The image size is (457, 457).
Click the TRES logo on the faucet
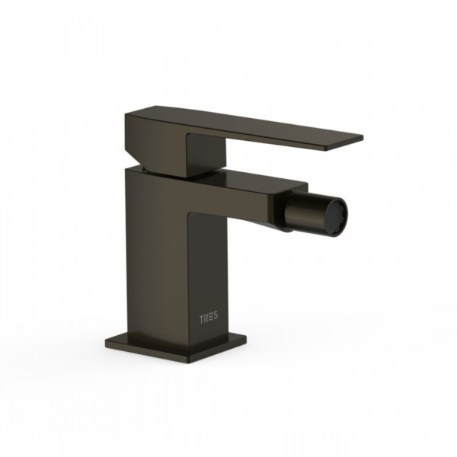pyautogui.click(x=209, y=318)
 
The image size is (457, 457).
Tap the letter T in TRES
pyautogui.click(x=202, y=318)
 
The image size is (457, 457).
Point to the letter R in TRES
pyautogui.click(x=206, y=318)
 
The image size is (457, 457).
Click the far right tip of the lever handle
pyautogui.click(x=363, y=137)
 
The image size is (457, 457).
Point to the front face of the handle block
pyautogui.click(x=206, y=155)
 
